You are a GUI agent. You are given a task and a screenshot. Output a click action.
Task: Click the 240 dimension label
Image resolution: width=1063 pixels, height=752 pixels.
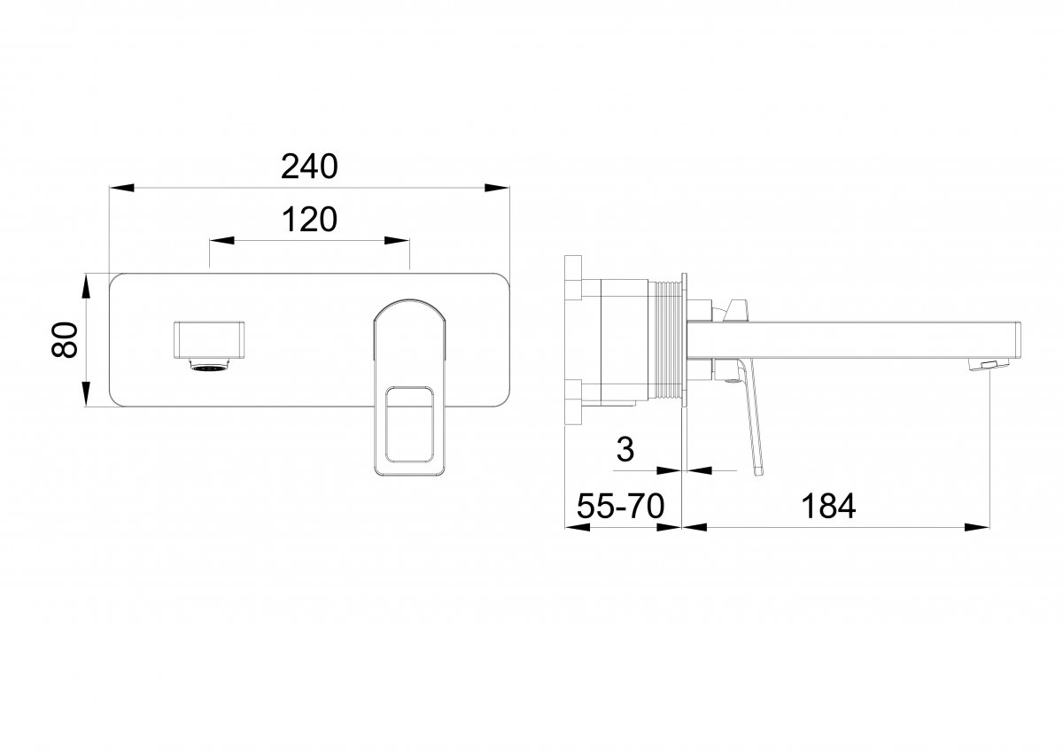[309, 167]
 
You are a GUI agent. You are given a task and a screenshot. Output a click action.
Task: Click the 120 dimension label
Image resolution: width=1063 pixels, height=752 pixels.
[309, 219]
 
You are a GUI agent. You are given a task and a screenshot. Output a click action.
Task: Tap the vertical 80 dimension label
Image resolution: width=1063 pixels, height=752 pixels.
[65, 339]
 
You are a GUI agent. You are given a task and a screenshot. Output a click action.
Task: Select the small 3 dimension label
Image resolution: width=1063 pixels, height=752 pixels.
[625, 449]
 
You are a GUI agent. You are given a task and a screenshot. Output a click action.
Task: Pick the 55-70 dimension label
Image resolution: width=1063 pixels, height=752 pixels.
[620, 506]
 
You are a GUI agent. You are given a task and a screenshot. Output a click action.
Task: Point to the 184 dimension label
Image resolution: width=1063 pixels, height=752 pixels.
[828, 506]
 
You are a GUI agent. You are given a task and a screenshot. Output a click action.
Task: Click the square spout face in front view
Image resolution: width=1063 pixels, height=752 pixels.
[209, 340]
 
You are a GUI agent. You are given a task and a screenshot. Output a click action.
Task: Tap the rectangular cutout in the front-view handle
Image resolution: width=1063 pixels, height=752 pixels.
[409, 424]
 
